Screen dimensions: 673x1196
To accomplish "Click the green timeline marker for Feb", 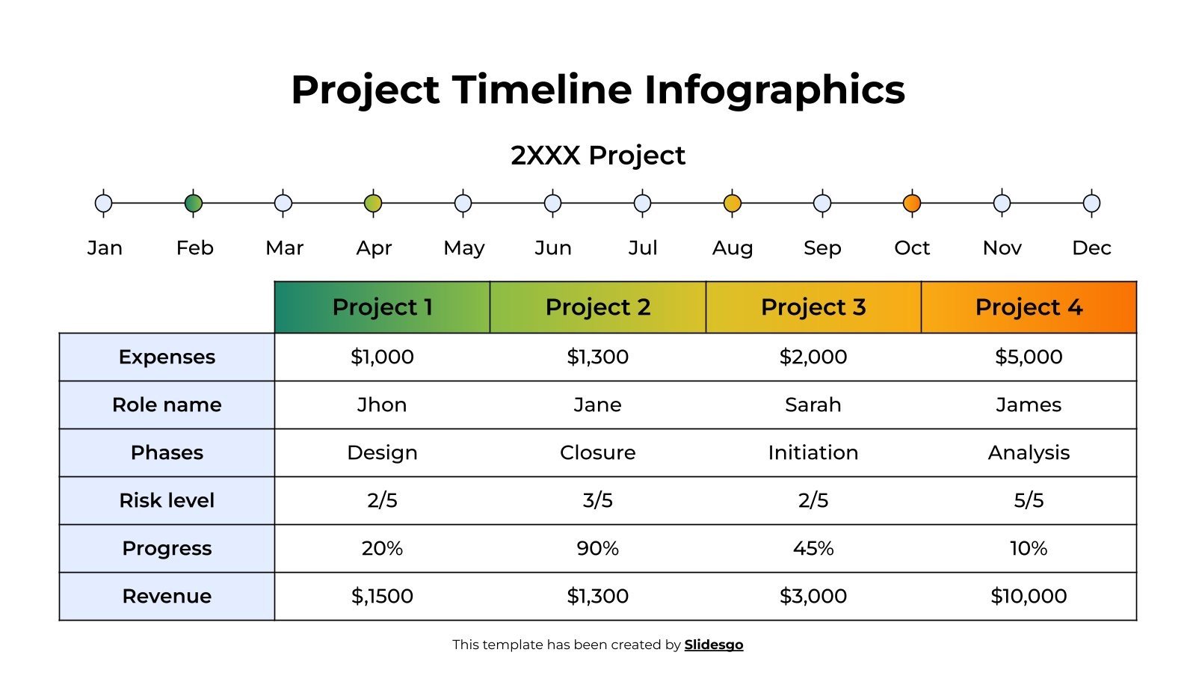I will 194,203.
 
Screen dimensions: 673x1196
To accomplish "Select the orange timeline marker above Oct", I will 912,203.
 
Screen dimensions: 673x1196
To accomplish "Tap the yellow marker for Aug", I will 733,203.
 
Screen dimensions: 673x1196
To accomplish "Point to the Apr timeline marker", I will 373,203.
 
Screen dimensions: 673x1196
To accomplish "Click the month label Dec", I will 1091,248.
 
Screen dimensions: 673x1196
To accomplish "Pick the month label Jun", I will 553,248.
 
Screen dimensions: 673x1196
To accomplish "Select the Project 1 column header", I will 382,307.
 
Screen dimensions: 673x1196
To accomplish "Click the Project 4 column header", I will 1029,307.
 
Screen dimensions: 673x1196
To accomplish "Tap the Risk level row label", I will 167,500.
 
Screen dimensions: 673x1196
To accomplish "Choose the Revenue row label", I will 167,596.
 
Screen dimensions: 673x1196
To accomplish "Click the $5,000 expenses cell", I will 1029,357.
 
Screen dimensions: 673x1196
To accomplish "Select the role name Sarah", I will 813,405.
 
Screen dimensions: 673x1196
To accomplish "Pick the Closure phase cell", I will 598,452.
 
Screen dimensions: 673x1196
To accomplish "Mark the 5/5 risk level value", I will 1029,500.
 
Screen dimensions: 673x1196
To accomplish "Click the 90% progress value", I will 598,548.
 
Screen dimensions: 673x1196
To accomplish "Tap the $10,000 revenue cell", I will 1029,596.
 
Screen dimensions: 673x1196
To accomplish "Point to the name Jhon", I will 382,405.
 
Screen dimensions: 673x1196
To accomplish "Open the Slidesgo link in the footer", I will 714,645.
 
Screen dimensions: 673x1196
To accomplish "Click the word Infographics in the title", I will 774,90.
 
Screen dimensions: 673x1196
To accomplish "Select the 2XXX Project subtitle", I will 598,156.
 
